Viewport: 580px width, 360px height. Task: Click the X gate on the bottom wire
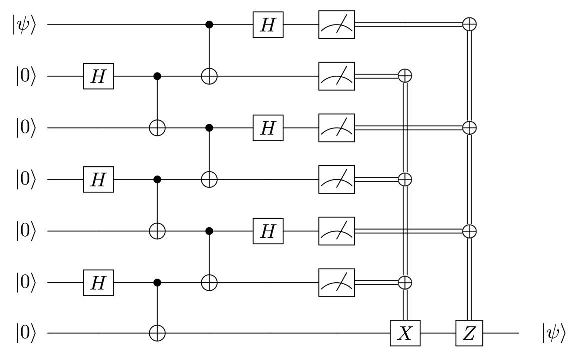[x=405, y=333]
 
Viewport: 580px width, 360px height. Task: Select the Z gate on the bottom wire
[x=469, y=333]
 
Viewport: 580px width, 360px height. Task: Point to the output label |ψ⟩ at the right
[x=553, y=334]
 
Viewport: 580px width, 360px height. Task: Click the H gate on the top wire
[x=268, y=25]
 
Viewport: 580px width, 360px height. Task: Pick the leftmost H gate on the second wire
[x=98, y=76]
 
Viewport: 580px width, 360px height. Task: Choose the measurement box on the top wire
[x=336, y=25]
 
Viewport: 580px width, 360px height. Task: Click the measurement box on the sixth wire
[x=336, y=283]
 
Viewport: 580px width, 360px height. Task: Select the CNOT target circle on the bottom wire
[x=157, y=333]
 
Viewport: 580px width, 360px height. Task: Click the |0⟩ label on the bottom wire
[x=26, y=333]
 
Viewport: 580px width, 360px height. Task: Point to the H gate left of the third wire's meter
[x=268, y=128]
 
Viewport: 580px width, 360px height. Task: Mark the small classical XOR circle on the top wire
[x=470, y=25]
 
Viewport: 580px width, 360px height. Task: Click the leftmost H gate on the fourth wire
[x=98, y=180]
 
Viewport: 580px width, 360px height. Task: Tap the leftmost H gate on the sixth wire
[x=98, y=283]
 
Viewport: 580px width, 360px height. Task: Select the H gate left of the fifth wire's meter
[x=268, y=231]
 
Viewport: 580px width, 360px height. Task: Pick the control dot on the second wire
[x=157, y=76]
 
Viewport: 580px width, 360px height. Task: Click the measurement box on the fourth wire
[x=336, y=180]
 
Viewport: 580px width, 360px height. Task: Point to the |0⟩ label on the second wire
[x=26, y=77]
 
